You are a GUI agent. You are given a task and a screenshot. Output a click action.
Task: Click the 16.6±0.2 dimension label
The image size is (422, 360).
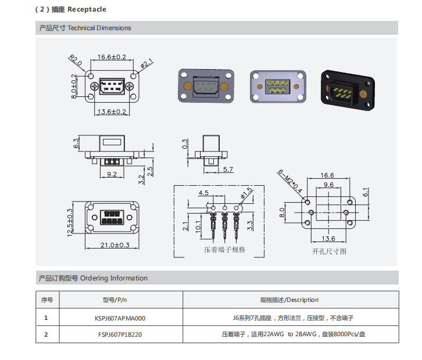pyautogui.click(x=112, y=57)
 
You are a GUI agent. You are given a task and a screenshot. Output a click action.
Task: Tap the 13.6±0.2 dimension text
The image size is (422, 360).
pyautogui.click(x=112, y=111)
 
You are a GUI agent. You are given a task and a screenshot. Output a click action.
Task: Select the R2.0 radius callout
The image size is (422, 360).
pyautogui.click(x=76, y=60)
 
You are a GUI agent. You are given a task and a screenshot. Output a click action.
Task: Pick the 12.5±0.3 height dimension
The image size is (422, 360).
pyautogui.click(x=70, y=222)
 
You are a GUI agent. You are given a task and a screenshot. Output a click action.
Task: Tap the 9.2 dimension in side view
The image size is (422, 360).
pyautogui.click(x=112, y=174)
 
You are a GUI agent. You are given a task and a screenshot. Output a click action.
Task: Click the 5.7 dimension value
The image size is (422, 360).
pyautogui.click(x=228, y=170)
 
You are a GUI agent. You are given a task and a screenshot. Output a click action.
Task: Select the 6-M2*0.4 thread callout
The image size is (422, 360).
pyautogui.click(x=289, y=181)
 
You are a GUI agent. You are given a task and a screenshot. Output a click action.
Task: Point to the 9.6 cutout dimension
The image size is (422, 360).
pyautogui.click(x=329, y=184)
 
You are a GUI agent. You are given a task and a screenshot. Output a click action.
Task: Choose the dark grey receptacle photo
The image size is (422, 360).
pyautogui.click(x=206, y=87)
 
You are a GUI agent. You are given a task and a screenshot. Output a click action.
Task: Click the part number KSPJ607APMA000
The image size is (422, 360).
pyautogui.click(x=120, y=318)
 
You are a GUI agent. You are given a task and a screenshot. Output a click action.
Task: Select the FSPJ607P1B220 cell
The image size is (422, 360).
pyautogui.click(x=120, y=334)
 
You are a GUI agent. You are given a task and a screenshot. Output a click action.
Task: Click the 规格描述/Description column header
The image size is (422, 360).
pyautogui.click(x=289, y=300)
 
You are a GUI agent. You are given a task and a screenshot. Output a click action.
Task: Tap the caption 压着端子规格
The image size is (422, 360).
pyautogui.click(x=224, y=250)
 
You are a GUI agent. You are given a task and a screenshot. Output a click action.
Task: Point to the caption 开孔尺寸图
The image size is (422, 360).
pyautogui.click(x=329, y=251)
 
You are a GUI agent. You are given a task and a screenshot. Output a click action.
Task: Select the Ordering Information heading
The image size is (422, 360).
pyautogui.click(x=113, y=278)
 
